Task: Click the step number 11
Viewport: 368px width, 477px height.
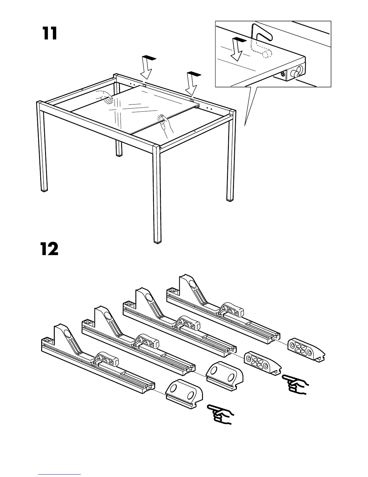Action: click(x=50, y=34)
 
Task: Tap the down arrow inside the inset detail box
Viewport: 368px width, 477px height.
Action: click(x=238, y=49)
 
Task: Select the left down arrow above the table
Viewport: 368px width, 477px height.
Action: click(x=147, y=68)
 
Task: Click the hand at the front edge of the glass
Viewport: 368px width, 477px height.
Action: click(x=165, y=124)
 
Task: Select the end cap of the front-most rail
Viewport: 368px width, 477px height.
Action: click(x=184, y=393)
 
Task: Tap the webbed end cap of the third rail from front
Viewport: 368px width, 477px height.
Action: click(x=262, y=362)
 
